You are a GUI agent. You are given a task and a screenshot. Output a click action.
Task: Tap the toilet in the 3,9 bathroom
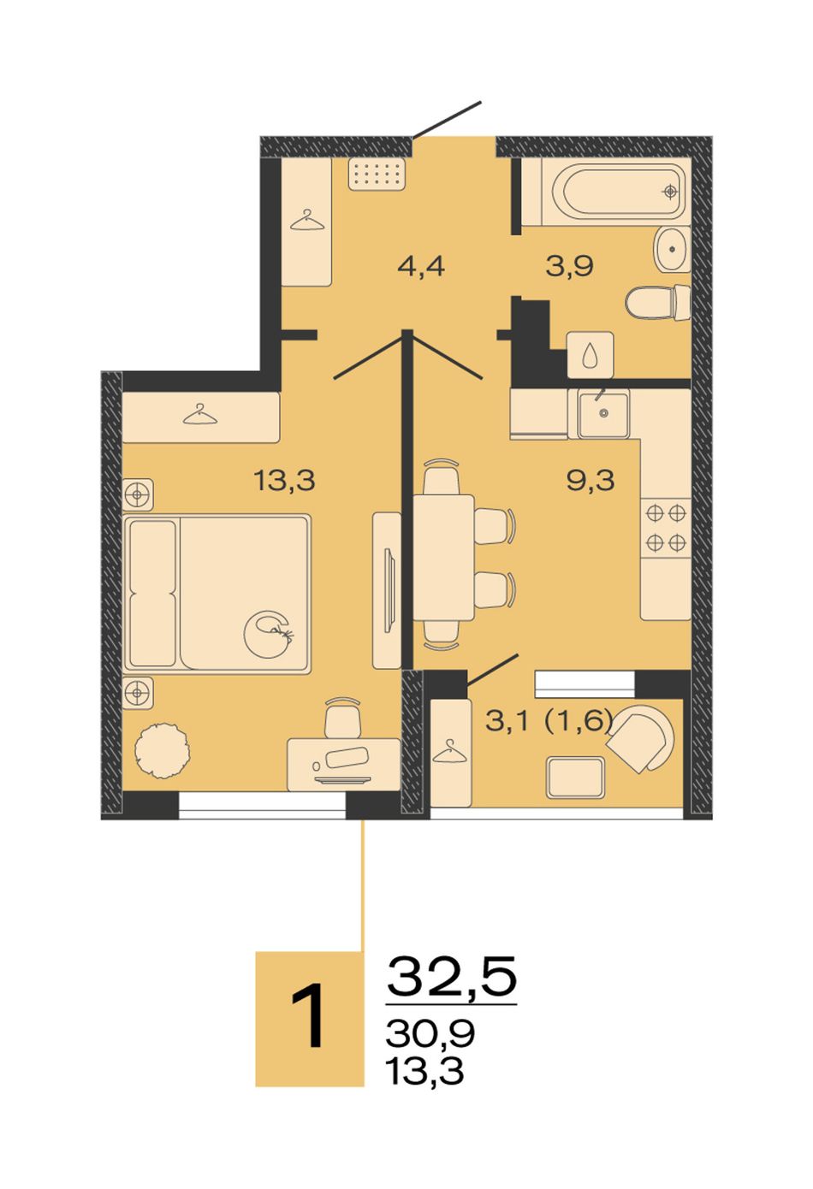tap(657, 303)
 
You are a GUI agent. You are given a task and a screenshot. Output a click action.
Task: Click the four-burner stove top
tap(666, 528)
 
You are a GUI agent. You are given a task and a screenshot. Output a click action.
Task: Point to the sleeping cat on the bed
tap(270, 635)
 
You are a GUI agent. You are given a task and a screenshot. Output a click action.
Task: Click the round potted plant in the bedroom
tap(163, 750)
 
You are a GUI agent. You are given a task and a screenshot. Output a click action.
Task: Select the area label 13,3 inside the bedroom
tap(285, 481)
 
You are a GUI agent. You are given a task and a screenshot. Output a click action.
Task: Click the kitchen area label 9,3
tap(590, 481)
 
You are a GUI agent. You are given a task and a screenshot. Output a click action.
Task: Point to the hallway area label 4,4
tap(421, 266)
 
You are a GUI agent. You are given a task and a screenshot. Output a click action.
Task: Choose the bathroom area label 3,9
tap(570, 266)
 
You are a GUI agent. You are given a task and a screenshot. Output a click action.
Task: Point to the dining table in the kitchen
tap(443, 558)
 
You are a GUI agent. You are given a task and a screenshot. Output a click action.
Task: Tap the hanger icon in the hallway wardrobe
tap(307, 221)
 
